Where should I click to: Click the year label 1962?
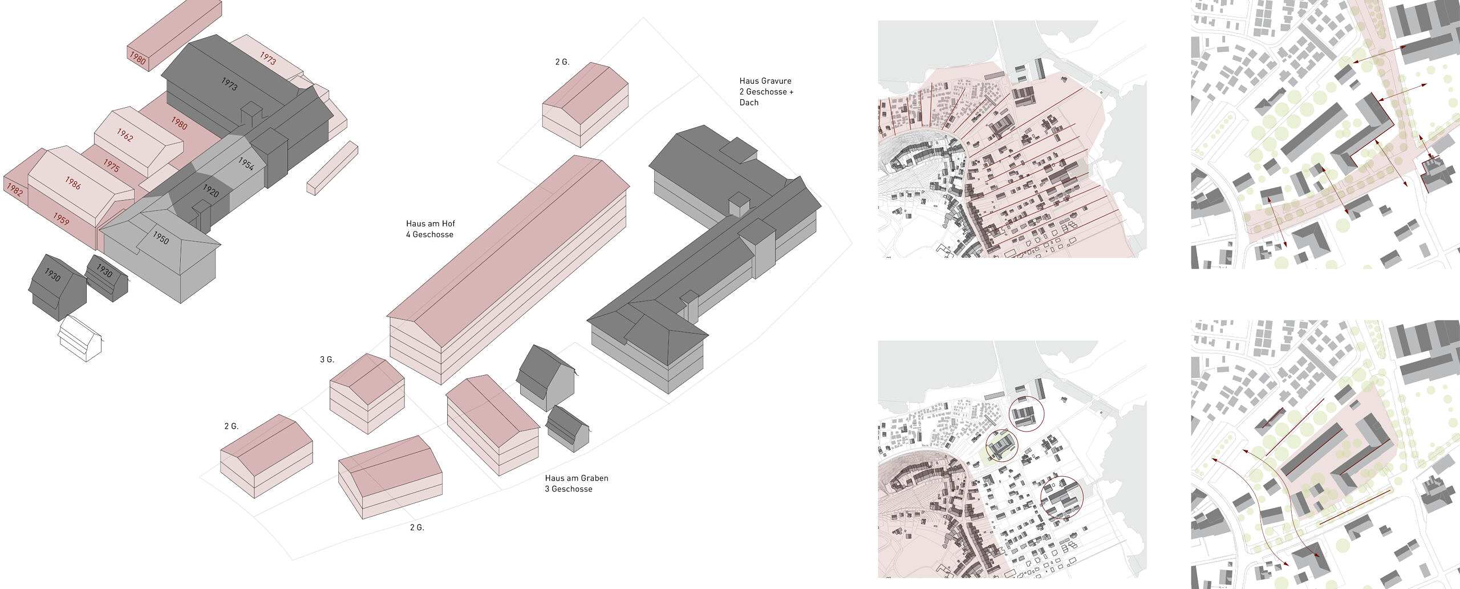125,135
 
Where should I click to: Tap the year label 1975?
111,165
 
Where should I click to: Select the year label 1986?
72,182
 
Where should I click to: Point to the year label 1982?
14,189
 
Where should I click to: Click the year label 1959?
60,218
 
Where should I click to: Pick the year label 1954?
246,164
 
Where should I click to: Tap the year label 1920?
210,190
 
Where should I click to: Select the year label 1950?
160,238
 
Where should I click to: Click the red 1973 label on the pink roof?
267,58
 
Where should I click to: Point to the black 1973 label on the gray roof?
229,84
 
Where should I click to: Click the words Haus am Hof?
430,224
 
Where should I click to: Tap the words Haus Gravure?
765,81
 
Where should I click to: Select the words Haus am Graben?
576,478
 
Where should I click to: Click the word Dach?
749,103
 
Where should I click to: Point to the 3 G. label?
327,360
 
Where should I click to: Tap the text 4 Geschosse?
429,234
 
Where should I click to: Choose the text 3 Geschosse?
568,489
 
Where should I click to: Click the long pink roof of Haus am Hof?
508,239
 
